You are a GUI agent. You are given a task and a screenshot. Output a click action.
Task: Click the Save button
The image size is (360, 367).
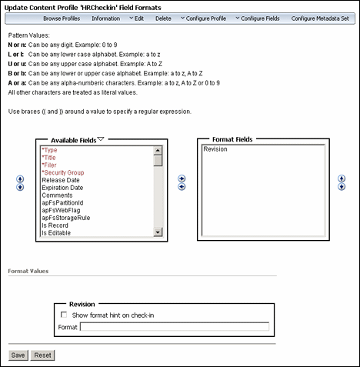click(x=18, y=355)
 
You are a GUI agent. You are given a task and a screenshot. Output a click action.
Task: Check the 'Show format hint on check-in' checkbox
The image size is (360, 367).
click(x=63, y=314)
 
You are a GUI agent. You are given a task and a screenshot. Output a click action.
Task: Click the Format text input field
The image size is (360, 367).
click(x=175, y=327)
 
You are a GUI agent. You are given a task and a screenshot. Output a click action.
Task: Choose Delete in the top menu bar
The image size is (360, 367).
click(x=163, y=17)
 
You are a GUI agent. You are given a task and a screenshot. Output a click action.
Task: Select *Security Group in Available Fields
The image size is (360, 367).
click(x=63, y=173)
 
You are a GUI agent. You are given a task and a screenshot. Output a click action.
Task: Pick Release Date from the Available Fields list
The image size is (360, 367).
click(x=62, y=181)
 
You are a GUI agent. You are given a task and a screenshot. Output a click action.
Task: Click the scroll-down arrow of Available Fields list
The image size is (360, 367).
click(x=158, y=232)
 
